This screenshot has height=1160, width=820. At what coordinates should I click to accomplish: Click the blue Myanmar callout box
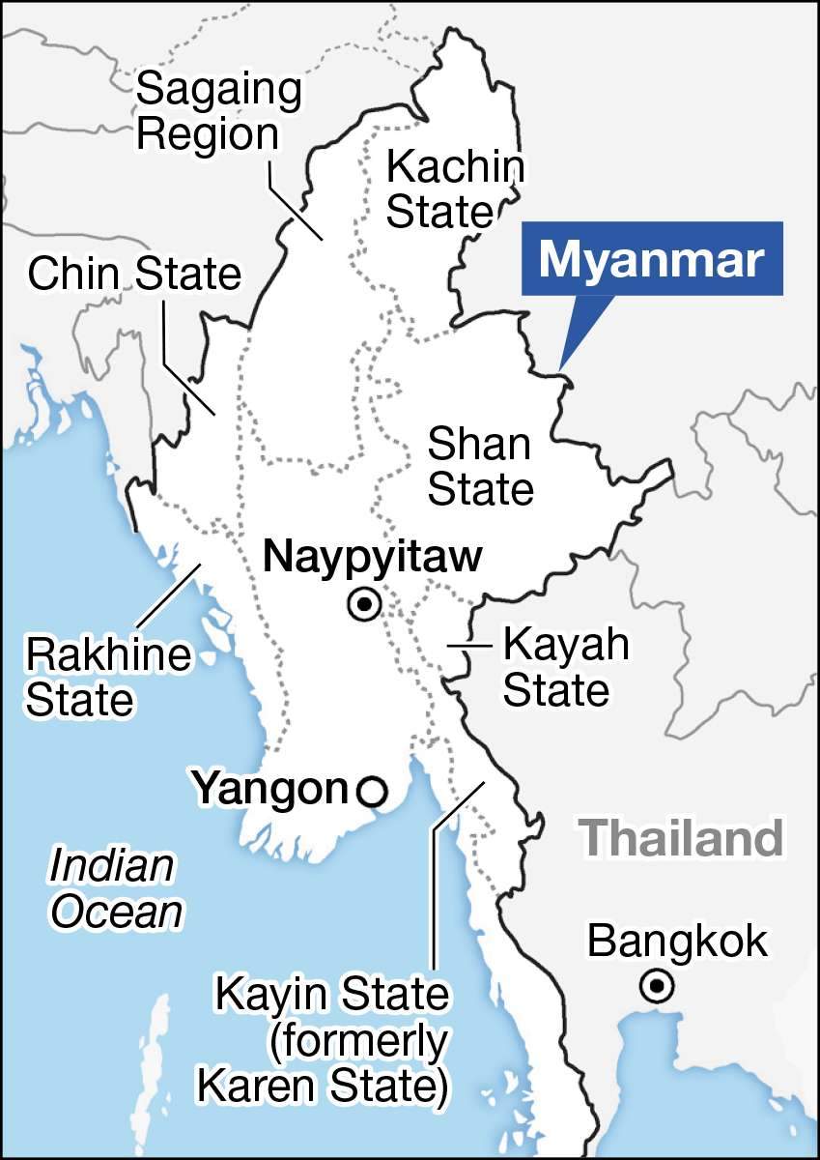(x=652, y=259)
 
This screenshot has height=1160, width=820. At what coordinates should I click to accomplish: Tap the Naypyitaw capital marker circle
(x=365, y=605)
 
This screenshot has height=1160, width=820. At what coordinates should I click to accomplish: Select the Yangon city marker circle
(x=372, y=792)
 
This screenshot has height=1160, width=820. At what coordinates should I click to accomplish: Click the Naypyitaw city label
(x=373, y=558)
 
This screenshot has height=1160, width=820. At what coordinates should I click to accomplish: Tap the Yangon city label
(x=269, y=789)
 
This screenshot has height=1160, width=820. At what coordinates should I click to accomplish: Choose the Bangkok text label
(x=678, y=940)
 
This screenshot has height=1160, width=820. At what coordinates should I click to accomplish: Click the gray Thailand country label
(x=680, y=839)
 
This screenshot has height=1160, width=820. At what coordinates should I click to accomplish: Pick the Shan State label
(x=480, y=467)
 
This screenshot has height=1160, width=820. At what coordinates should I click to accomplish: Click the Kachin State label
(x=454, y=188)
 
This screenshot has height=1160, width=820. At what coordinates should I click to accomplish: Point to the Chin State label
(x=133, y=275)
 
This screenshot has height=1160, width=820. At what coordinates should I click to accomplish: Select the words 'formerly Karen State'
(x=324, y=1063)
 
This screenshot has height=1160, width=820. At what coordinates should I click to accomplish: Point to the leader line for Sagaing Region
(x=295, y=198)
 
